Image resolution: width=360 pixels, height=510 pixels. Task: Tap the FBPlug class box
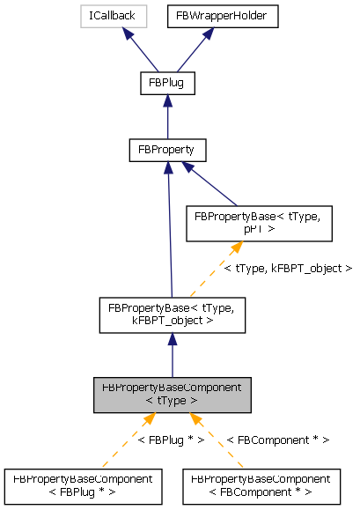(x=166, y=84)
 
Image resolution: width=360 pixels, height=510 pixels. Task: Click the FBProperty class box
(x=166, y=150)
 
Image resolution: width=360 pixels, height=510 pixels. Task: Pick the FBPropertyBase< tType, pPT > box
(x=258, y=222)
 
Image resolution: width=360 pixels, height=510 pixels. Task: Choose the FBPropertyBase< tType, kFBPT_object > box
(x=172, y=314)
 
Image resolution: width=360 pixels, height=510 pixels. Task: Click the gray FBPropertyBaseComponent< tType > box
(x=173, y=394)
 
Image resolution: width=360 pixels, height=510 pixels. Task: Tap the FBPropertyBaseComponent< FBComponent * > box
(x=261, y=485)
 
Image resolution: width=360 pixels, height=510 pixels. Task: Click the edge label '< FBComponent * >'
(x=277, y=440)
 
